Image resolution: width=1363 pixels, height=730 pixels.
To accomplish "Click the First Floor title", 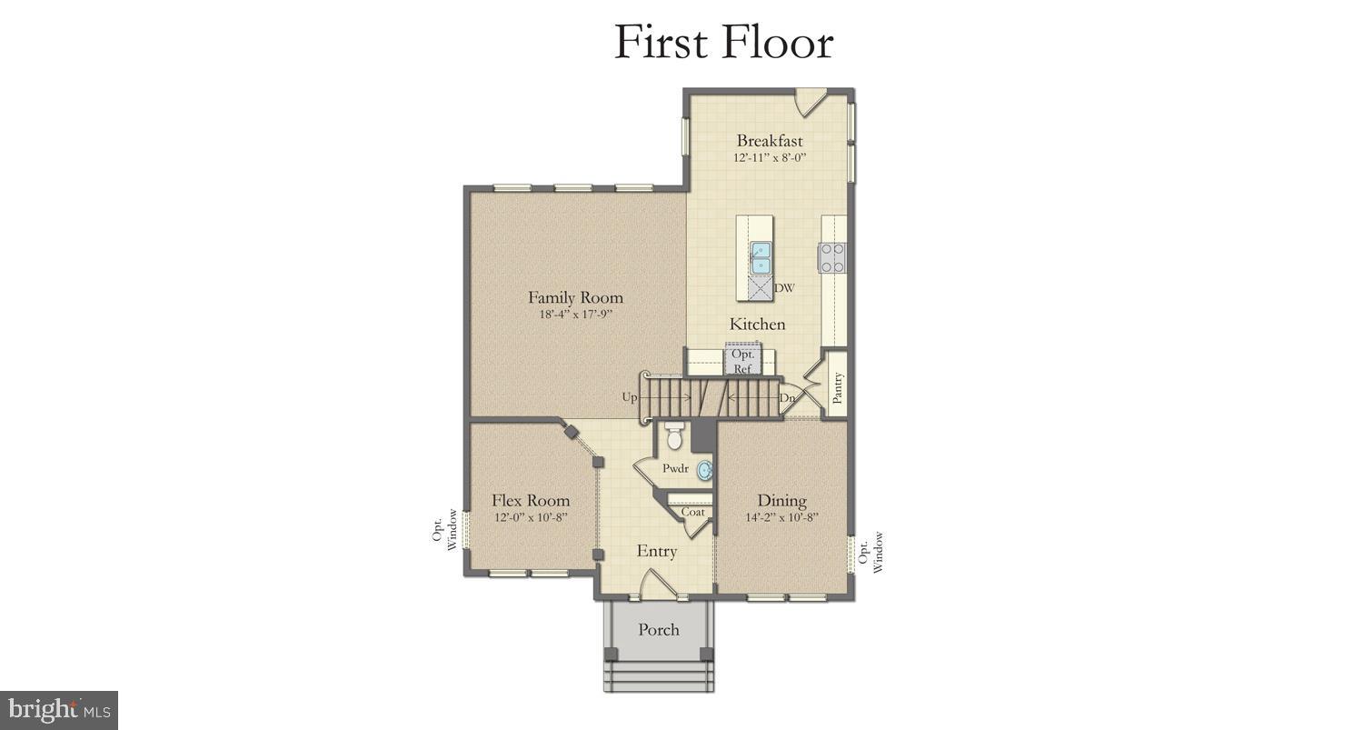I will click(723, 42).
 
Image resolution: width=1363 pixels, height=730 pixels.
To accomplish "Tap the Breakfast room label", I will click(769, 141).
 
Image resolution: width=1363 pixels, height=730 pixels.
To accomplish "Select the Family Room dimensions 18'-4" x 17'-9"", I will click(575, 315).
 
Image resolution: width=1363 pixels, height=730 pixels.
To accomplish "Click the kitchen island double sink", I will click(761, 257).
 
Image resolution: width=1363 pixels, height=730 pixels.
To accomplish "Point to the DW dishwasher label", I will click(784, 289).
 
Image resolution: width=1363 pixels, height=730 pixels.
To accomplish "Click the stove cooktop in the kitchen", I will click(832, 258).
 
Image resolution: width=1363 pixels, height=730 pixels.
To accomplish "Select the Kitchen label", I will click(757, 325).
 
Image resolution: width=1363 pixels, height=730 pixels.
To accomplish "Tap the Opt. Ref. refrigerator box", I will click(742, 361).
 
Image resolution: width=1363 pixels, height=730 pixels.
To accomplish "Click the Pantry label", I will click(838, 388).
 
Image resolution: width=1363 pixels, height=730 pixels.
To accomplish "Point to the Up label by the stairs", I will click(630, 397).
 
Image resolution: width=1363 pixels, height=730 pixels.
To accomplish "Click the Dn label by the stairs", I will click(787, 397).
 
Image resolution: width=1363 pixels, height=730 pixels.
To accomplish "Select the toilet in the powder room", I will click(673, 437).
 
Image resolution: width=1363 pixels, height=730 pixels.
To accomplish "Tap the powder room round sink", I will click(705, 470).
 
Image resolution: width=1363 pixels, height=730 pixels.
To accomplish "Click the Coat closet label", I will click(692, 512).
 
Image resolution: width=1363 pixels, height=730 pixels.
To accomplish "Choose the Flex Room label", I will click(531, 501).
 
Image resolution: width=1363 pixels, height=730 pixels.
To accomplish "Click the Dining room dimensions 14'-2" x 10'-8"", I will click(781, 517).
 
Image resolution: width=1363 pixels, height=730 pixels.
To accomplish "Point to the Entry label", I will click(656, 552).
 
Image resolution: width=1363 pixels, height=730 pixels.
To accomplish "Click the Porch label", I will click(658, 629).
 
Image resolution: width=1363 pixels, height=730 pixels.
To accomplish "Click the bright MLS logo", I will click(59, 709).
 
